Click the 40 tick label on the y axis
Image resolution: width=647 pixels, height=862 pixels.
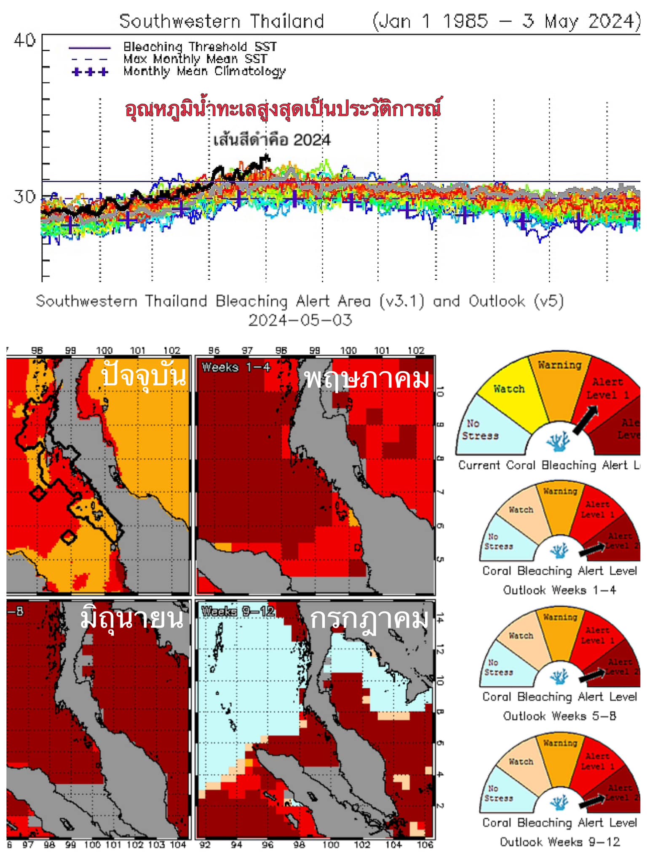24,41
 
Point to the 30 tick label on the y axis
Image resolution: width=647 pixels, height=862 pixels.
24,197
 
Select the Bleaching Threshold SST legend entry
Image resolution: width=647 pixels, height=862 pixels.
200,46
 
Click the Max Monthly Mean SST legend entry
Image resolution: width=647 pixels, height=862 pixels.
195,59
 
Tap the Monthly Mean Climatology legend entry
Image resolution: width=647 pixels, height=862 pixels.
204,71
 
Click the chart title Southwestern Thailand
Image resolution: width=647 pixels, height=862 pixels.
222,21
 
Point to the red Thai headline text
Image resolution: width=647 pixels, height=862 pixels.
283,109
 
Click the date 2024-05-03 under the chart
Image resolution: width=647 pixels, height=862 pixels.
300,320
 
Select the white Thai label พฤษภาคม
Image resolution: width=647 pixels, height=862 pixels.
366,378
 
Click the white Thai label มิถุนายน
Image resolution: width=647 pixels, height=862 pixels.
132,618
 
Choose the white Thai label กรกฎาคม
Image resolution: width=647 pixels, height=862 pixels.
369,619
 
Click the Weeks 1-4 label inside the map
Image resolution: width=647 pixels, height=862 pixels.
236,367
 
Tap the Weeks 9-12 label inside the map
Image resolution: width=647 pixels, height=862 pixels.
238,611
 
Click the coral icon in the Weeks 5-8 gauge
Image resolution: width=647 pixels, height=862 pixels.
559,676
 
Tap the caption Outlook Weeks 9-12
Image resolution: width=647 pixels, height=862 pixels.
560,842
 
